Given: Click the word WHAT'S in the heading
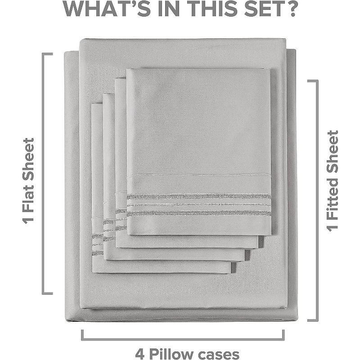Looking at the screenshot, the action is (106, 9).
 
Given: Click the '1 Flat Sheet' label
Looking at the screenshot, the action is (28, 181).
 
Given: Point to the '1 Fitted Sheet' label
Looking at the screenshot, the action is (332, 181).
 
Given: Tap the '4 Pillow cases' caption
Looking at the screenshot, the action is (187, 354).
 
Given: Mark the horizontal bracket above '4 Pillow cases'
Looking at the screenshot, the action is (183, 338).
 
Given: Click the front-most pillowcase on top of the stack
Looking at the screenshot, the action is (199, 152).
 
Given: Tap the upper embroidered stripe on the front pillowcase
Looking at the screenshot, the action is (199, 197).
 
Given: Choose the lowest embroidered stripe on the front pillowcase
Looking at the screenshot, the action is (199, 213).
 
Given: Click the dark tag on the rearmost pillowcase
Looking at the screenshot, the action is (233, 268).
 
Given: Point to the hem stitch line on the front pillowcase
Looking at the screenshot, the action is (199, 175).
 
